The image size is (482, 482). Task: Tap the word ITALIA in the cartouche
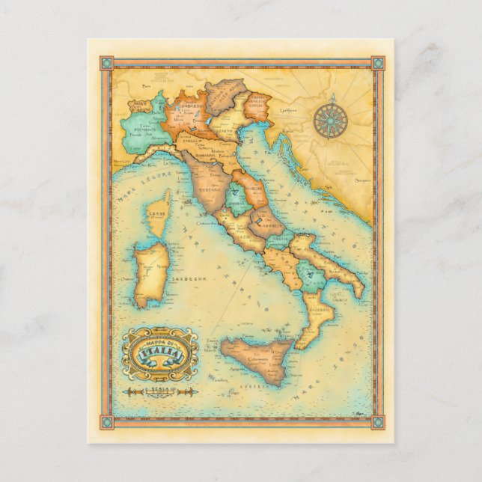(159, 351)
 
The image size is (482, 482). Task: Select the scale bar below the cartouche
(159, 391)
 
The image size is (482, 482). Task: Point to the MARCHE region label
(251, 188)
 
